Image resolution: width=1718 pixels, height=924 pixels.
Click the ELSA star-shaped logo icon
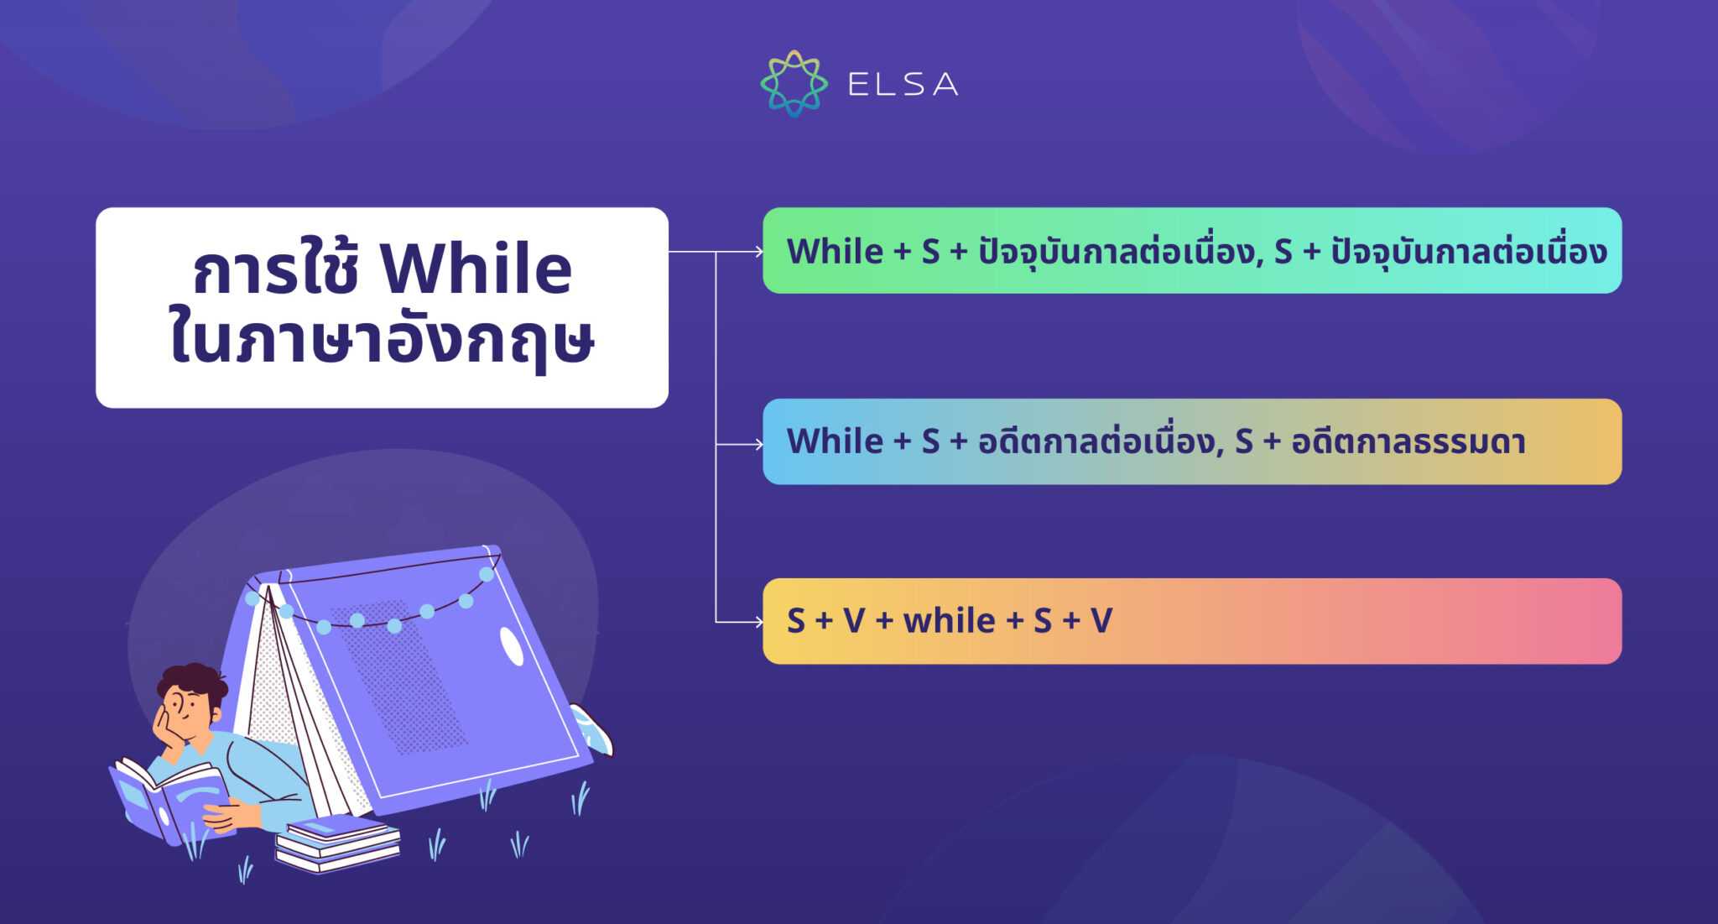[794, 83]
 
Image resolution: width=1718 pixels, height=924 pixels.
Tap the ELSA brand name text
[903, 84]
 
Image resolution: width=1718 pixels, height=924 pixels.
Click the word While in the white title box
[476, 269]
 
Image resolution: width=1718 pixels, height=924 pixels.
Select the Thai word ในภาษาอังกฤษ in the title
[382, 340]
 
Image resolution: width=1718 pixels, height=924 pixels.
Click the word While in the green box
[836, 251]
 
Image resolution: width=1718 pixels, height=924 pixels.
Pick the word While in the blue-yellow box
[836, 441]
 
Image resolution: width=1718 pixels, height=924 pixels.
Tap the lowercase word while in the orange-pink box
[949, 621]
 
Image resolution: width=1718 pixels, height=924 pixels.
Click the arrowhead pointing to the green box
[758, 251]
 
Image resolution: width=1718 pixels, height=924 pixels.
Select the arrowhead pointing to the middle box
[758, 443]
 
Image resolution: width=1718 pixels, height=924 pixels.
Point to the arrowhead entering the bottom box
[758, 622]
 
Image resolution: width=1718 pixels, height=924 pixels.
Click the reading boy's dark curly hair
[194, 681]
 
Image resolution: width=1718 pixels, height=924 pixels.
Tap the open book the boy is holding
[168, 797]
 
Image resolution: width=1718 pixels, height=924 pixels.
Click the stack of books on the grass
[338, 843]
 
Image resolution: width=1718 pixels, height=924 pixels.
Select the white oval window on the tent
[512, 645]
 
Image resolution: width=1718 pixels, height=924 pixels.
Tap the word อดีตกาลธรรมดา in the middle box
[1408, 441]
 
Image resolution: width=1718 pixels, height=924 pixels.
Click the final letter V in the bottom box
[1101, 621]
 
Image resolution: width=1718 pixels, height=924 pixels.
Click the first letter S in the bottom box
[796, 621]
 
